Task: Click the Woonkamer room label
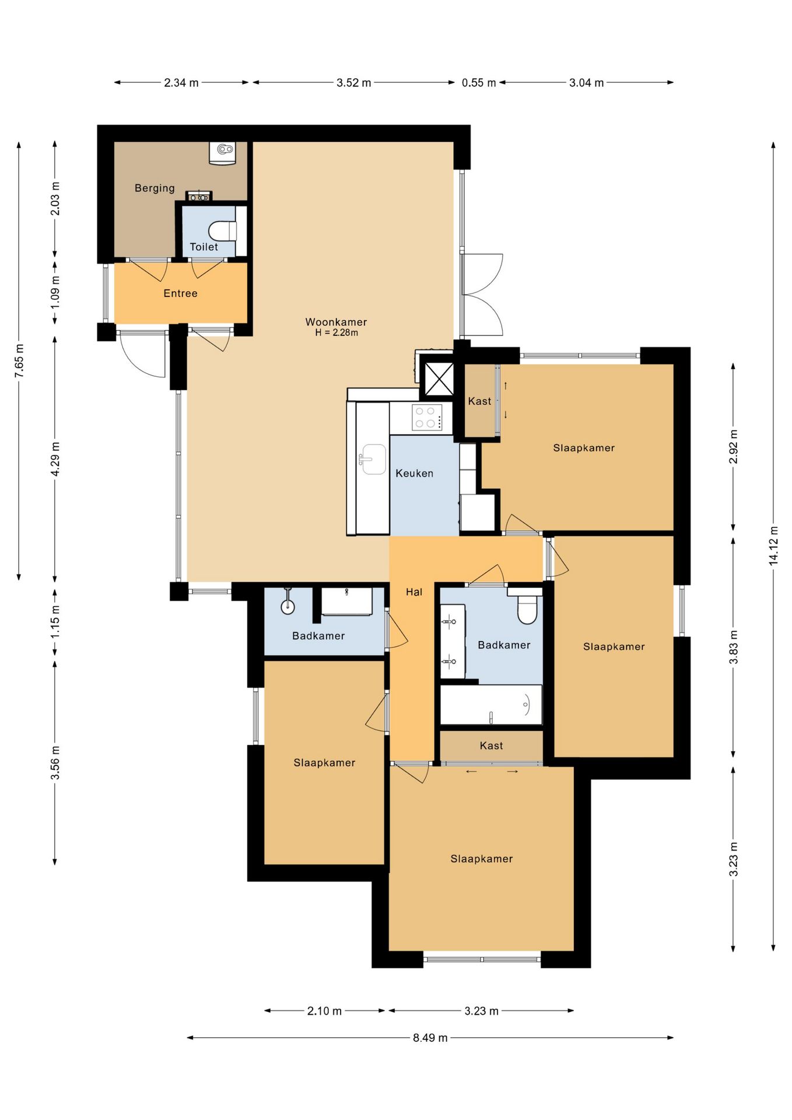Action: tap(336, 322)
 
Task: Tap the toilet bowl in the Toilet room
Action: tap(222, 231)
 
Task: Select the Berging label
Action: tap(155, 188)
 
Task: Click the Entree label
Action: tap(180, 293)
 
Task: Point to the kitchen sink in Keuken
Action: tap(372, 459)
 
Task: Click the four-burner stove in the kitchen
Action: tap(427, 416)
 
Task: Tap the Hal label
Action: tap(414, 592)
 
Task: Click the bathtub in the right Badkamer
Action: tap(491, 705)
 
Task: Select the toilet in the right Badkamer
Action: tap(527, 607)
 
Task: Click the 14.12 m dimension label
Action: tap(773, 545)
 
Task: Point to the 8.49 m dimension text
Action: tap(430, 1038)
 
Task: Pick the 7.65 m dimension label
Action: tap(19, 360)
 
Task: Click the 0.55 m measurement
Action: tap(479, 83)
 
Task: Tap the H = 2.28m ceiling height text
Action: tap(337, 332)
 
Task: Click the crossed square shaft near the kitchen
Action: tap(437, 379)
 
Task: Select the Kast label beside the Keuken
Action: tap(479, 401)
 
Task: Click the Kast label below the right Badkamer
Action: tap(491, 745)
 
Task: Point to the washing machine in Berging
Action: tap(222, 153)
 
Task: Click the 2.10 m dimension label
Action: tap(324, 1011)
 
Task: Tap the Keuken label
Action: tap(414, 473)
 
